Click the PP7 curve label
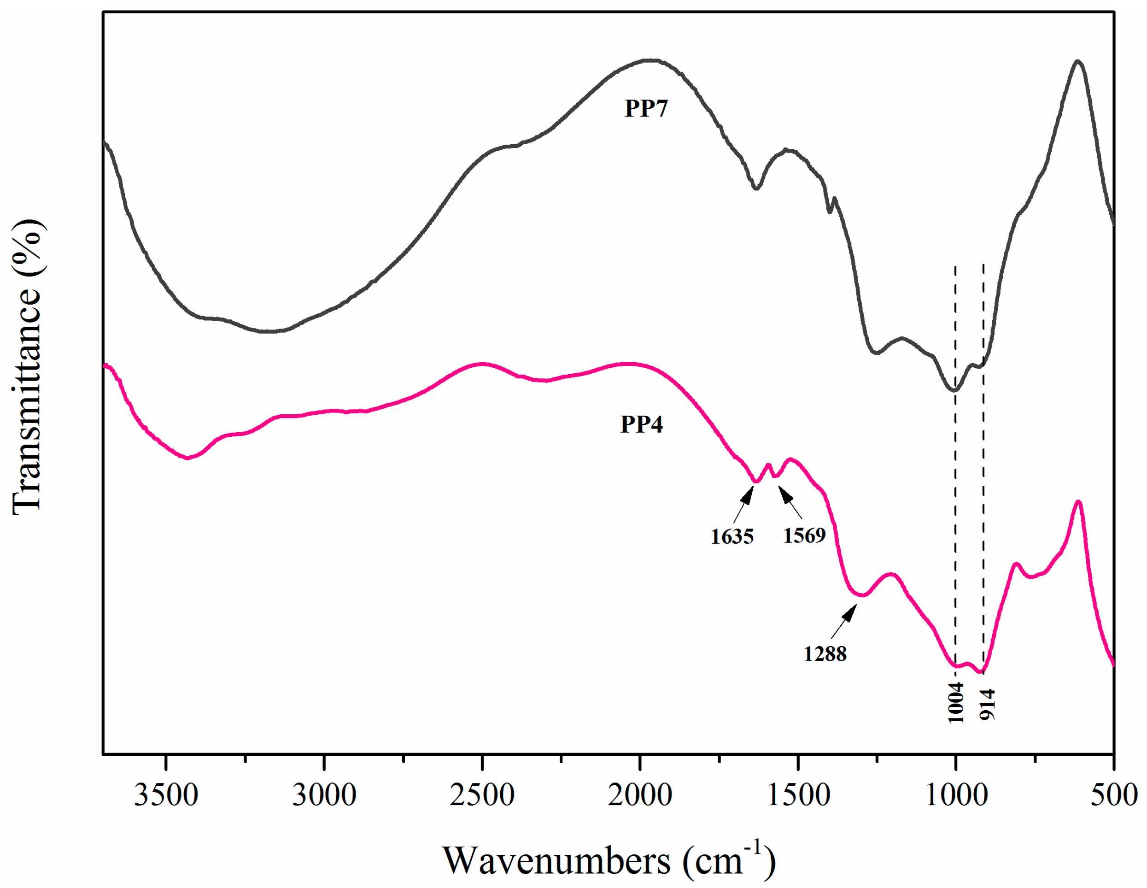click(x=646, y=108)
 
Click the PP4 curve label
click(x=641, y=424)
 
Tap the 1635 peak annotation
click(x=732, y=536)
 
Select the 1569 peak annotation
click(x=804, y=535)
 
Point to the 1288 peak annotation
click(x=825, y=653)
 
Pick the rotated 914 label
click(x=987, y=705)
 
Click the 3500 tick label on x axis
click(x=166, y=795)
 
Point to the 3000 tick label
click(x=324, y=795)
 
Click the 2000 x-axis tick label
click(x=640, y=795)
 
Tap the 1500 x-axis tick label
click(x=798, y=795)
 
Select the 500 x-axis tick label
click(x=1113, y=795)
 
